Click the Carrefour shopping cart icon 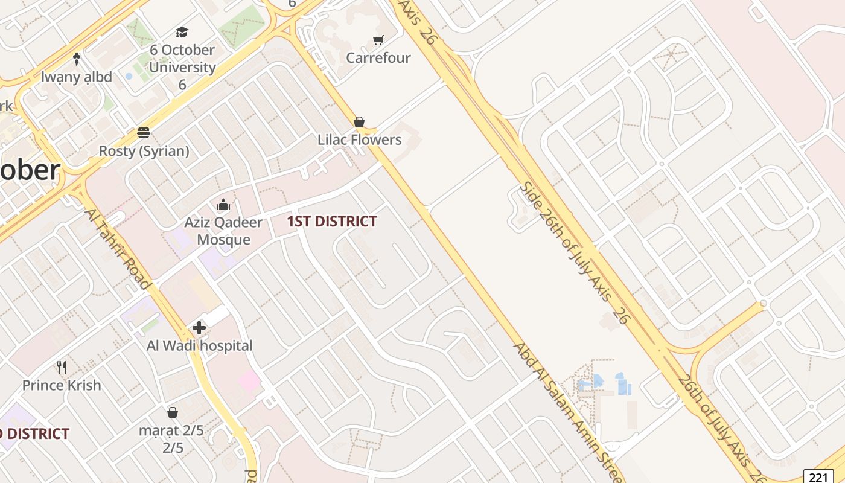click(x=378, y=40)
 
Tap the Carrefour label click(x=378, y=58)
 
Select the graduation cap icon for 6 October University click(x=182, y=32)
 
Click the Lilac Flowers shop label click(x=359, y=140)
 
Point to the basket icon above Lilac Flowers click(x=359, y=122)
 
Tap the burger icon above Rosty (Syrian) click(x=144, y=133)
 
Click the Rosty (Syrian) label click(x=144, y=151)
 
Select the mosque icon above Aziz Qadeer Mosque click(x=223, y=205)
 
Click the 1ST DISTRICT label click(x=331, y=222)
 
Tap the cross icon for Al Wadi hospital click(x=199, y=328)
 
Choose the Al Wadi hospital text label click(x=199, y=346)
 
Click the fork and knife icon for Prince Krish click(x=61, y=367)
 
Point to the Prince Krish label click(x=62, y=385)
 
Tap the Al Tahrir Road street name click(x=117, y=249)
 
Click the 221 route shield click(x=818, y=477)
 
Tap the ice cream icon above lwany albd click(x=77, y=59)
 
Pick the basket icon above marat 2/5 click(x=173, y=412)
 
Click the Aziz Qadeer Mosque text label click(x=223, y=231)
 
